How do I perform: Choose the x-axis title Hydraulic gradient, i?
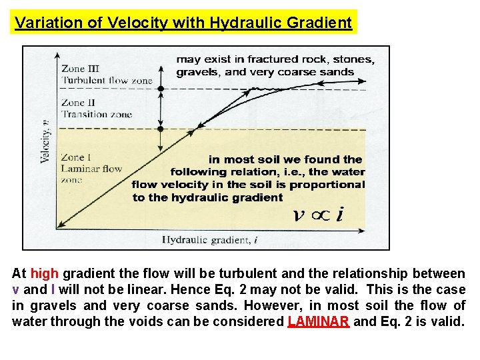click(207, 239)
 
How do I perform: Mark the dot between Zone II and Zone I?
click(160, 129)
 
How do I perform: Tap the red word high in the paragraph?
click(44, 274)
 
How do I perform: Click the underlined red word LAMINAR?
click(319, 322)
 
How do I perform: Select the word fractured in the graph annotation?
click(271, 59)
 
